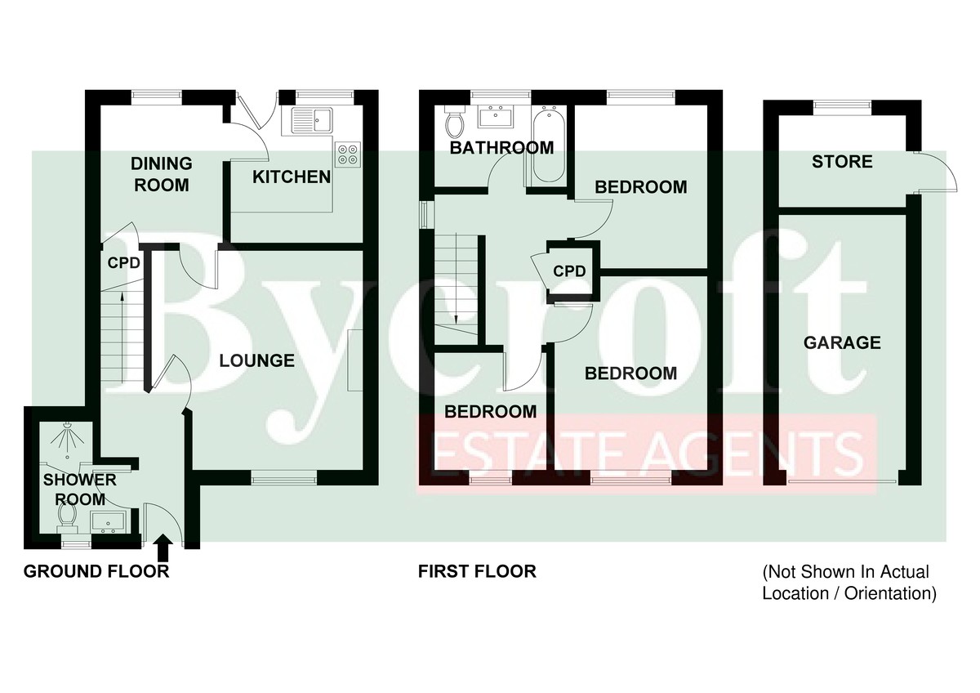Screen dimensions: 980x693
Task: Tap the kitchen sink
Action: [312, 120]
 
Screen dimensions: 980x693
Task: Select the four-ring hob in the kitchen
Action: [348, 154]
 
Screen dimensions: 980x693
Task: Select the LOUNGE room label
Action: [256, 360]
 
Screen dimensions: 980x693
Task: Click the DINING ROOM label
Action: [162, 174]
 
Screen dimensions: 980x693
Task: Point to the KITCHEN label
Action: [292, 177]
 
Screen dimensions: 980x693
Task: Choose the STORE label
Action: [842, 162]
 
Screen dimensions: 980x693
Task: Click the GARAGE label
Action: [842, 342]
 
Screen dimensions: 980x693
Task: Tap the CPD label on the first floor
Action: [569, 271]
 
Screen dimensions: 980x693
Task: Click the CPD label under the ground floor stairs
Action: [124, 262]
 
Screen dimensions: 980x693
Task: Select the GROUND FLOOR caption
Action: [96, 571]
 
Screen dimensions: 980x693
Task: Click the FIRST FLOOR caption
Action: [477, 571]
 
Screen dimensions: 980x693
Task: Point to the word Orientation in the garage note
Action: [890, 594]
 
